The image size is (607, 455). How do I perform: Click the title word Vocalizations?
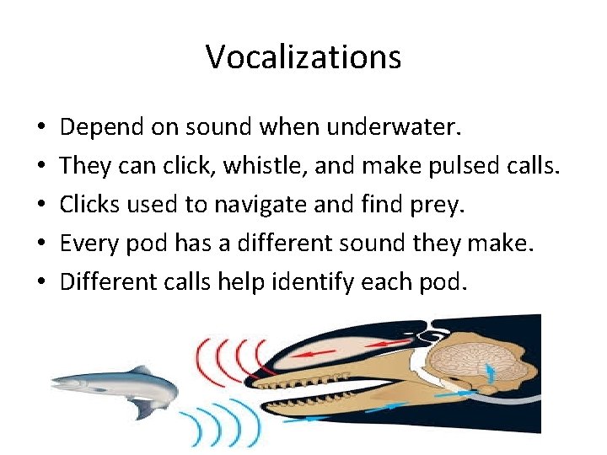pyautogui.click(x=303, y=57)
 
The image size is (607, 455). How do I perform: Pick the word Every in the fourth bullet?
pyautogui.click(x=89, y=243)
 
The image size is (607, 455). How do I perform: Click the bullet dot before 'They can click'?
pyautogui.click(x=41, y=167)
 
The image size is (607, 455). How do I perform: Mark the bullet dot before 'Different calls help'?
pyautogui.click(x=41, y=282)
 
